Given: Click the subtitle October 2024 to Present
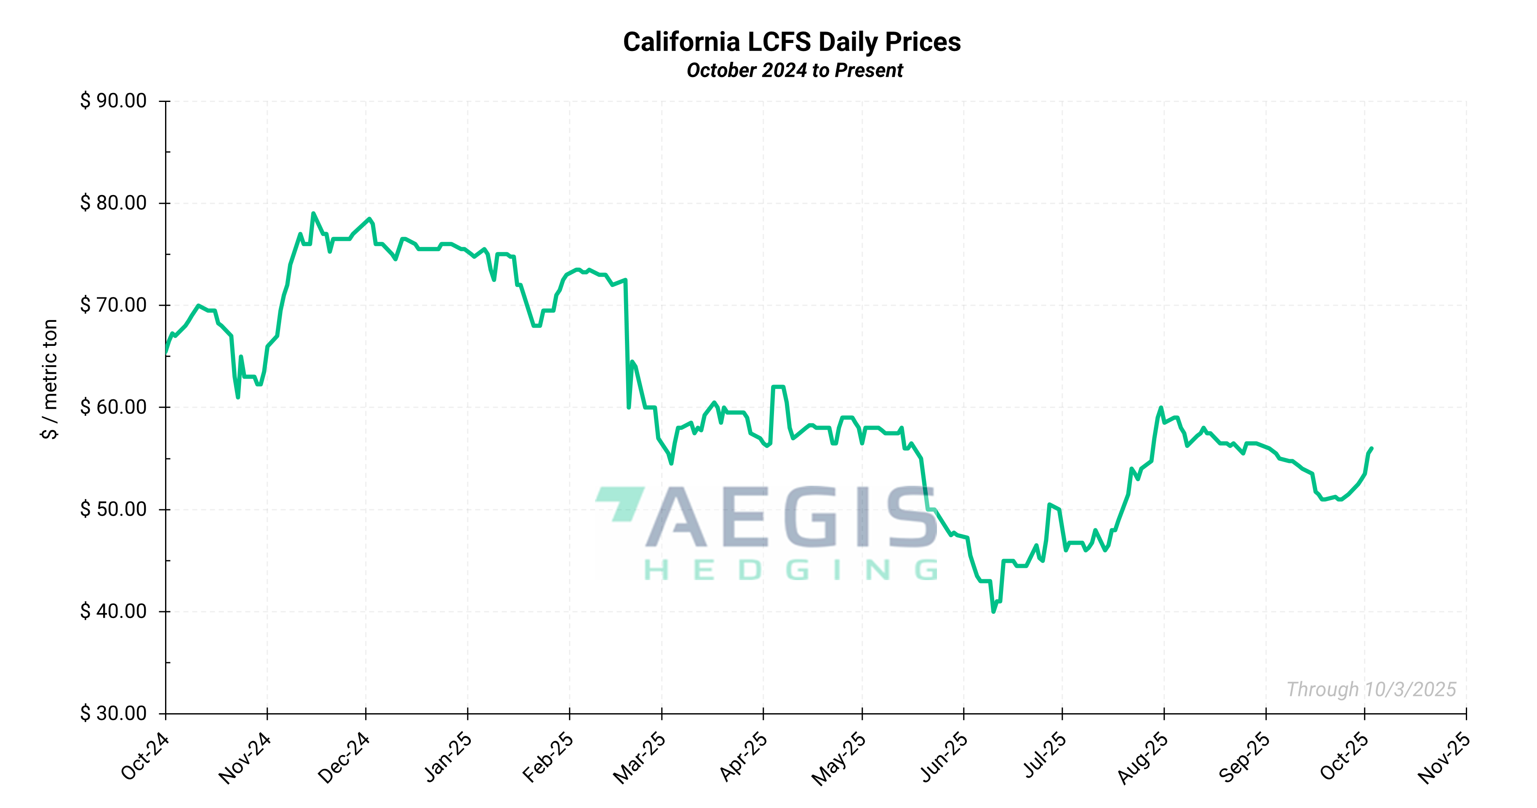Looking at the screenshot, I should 794,70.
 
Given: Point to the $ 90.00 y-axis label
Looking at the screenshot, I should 113,101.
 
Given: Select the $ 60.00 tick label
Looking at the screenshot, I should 113,407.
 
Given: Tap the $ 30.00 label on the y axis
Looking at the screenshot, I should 113,713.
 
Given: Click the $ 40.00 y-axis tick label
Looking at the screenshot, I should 113,611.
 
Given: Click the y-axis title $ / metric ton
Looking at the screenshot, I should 50,380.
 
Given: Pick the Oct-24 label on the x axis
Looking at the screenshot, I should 145,756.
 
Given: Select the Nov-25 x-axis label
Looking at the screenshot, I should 1444,758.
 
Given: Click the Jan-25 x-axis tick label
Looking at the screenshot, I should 448,757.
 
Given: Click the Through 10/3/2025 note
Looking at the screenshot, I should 1371,689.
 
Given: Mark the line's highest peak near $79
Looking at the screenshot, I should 313,213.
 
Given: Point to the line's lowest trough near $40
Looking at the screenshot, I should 993,612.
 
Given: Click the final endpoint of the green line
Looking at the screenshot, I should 1372,448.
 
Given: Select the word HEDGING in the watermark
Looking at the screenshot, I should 790,570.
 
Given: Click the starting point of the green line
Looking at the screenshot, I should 166,353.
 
